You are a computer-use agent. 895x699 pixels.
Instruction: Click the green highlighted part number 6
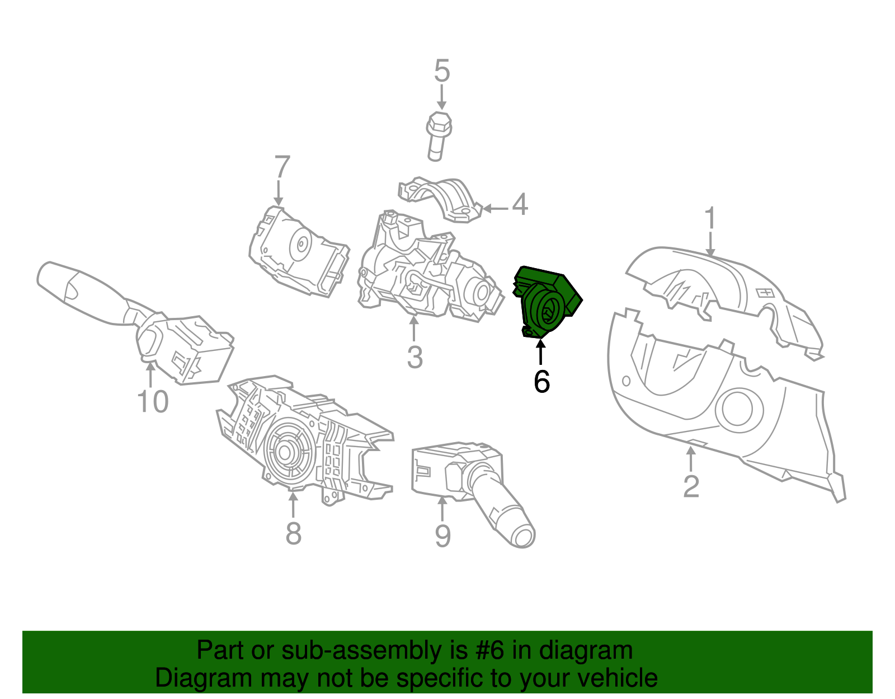tap(545, 302)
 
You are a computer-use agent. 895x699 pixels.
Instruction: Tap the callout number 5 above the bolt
tap(442, 72)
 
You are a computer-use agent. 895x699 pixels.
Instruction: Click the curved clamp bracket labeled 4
tap(442, 199)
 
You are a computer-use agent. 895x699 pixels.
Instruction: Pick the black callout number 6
tap(541, 382)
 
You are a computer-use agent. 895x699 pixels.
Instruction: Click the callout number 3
tap(414, 357)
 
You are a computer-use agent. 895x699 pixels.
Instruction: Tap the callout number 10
tap(153, 402)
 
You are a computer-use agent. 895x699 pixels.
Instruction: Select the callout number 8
tap(293, 533)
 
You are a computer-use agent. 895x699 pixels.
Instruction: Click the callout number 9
tap(442, 536)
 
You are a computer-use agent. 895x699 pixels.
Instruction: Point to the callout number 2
tap(691, 486)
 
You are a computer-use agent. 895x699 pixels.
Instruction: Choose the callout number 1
tap(710, 218)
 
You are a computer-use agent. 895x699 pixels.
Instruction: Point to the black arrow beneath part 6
tap(541, 353)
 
